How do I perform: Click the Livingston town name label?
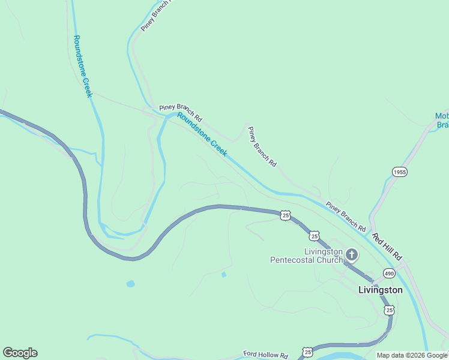point(380,290)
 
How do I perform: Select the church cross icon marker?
point(351,256)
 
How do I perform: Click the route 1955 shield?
point(400,172)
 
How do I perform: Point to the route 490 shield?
point(390,272)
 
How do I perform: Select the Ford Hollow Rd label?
point(266,355)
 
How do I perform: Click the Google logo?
point(20,353)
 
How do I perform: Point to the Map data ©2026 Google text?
point(412,355)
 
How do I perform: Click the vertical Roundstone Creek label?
point(82,66)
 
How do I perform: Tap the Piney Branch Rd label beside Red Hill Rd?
point(346,217)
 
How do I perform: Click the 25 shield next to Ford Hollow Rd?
point(308,352)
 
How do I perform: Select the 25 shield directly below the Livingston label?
point(390,310)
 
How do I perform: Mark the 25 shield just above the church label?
point(314,236)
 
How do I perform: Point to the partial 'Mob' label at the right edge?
point(441,120)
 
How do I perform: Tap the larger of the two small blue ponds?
point(130,284)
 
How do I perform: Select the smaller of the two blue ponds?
point(224,275)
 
